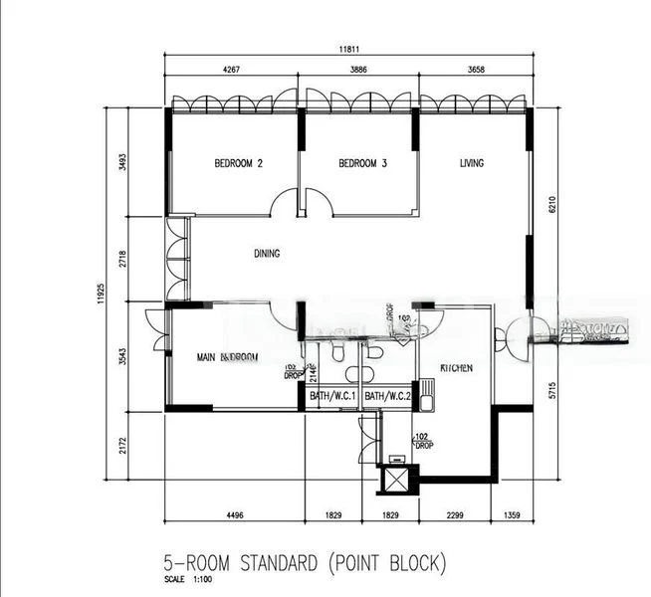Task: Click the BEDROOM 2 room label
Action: [x=238, y=163]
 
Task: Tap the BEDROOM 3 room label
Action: [x=362, y=163]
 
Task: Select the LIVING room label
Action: [x=471, y=163]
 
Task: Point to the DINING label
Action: [x=267, y=254]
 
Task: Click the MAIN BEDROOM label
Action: [x=227, y=357]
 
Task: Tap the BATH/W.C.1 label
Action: [x=332, y=397]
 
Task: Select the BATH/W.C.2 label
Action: [x=387, y=397]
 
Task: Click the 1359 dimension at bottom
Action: [x=514, y=514]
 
